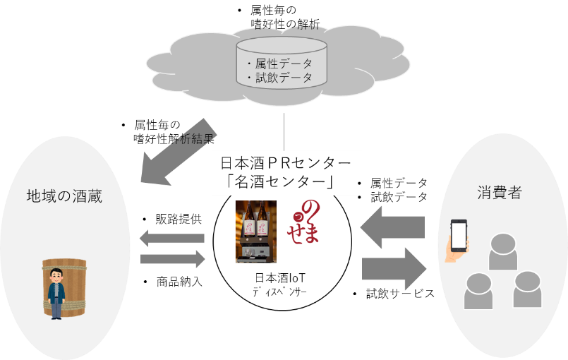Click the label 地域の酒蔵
tap(64, 196)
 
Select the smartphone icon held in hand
tap(459, 236)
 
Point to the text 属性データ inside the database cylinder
tap(284, 64)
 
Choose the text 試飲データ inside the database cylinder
tap(284, 78)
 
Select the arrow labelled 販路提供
tap(171, 238)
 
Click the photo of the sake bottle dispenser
tap(255, 231)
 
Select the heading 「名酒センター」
tap(283, 182)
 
